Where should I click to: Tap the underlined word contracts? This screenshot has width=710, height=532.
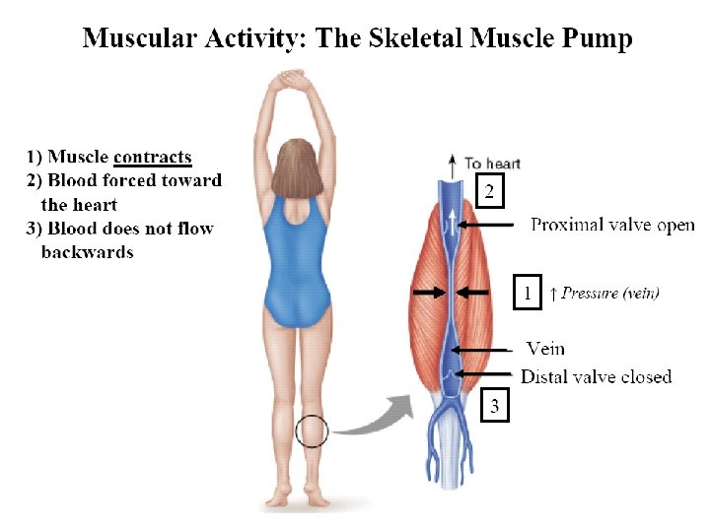click(x=153, y=157)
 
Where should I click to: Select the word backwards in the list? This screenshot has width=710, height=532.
click(x=87, y=252)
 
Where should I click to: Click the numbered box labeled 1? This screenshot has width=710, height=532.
click(x=528, y=294)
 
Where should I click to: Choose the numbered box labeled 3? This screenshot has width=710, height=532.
click(x=495, y=404)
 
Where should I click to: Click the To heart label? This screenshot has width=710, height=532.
click(x=492, y=164)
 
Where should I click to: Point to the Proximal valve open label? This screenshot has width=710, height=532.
click(x=612, y=225)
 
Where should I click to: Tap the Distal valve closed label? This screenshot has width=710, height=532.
click(x=596, y=376)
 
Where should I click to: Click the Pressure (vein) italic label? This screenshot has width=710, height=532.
click(x=610, y=293)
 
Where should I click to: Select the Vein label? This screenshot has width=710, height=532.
click(x=545, y=349)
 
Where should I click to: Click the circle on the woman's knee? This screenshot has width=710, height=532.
click(x=313, y=431)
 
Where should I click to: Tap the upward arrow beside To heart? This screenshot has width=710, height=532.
click(x=453, y=164)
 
